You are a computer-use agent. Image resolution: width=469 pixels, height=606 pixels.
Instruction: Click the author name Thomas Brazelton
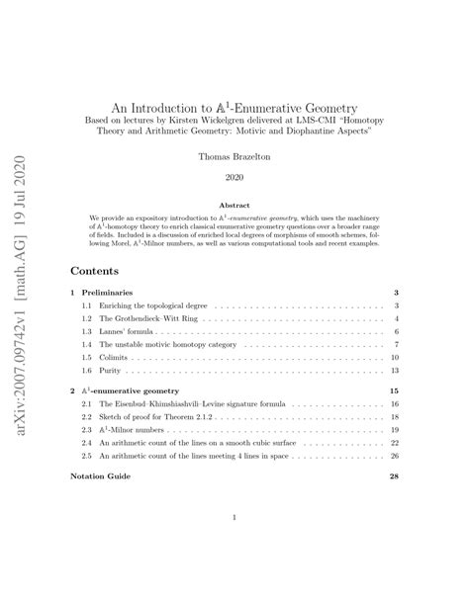[234, 155]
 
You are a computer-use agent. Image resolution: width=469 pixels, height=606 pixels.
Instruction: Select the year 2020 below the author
[234, 178]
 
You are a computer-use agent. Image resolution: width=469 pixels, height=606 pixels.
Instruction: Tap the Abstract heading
[234, 206]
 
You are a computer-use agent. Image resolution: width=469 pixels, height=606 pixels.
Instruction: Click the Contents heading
[96, 269]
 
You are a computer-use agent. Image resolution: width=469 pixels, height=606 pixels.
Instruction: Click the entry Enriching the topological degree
[153, 307]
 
